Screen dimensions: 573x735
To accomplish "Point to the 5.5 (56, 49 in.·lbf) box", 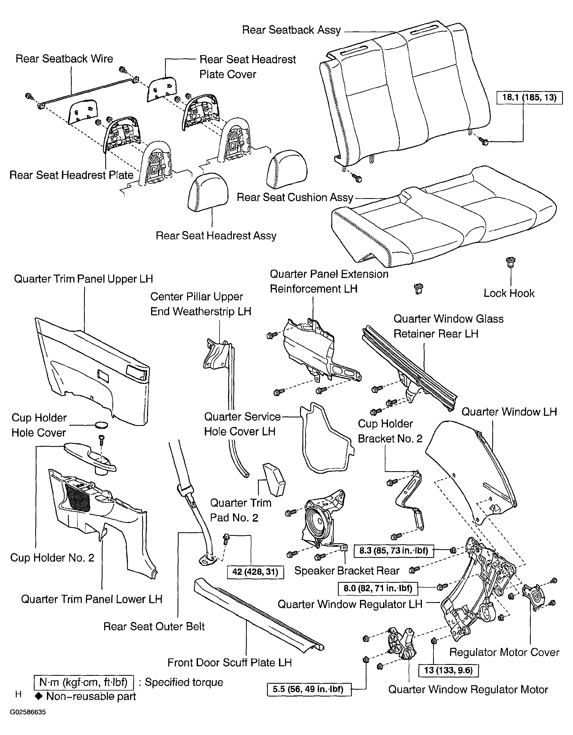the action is [x=309, y=689].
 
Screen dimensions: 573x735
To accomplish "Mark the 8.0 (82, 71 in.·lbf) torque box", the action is [x=378, y=588].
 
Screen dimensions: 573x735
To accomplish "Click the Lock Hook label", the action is [x=509, y=293].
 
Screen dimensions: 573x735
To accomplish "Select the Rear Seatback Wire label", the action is [x=64, y=59].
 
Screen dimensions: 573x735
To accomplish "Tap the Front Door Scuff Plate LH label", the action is [x=229, y=662].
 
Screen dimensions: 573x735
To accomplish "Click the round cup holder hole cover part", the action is [x=101, y=425].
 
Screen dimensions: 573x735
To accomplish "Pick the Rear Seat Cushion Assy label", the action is [x=295, y=197].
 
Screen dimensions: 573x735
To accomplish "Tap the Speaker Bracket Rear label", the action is [x=347, y=570].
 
